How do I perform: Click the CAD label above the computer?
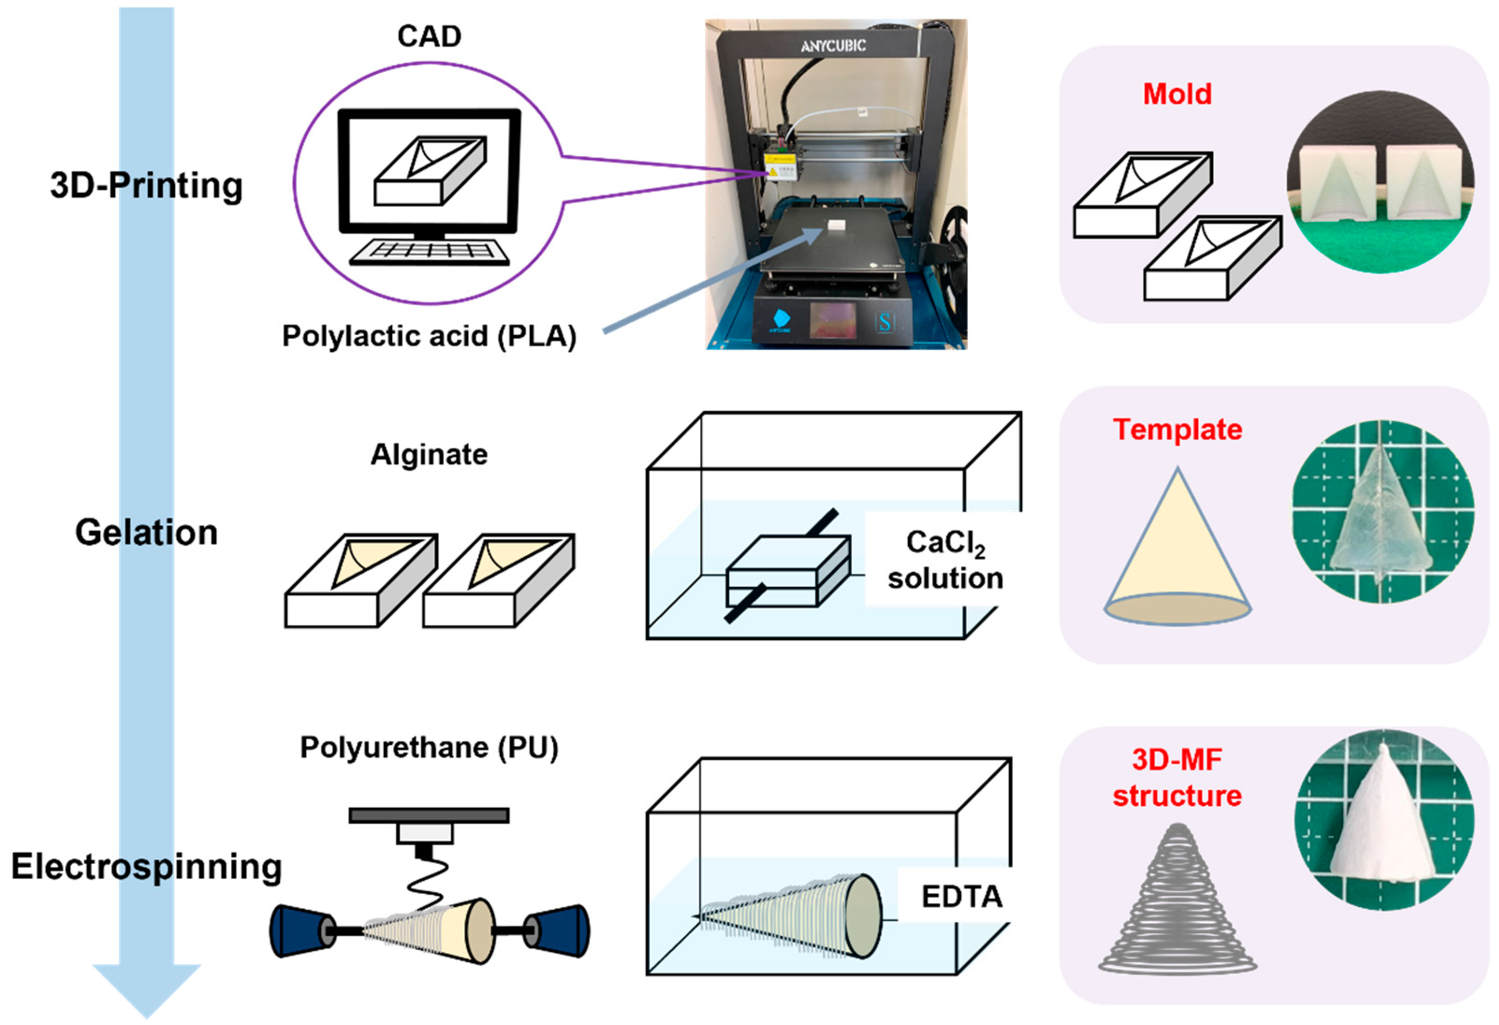pos(429,36)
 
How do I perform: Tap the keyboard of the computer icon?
pos(429,253)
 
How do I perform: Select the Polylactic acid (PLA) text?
pos(429,336)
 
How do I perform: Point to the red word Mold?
pos(1177,94)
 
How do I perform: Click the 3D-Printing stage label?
pos(146,186)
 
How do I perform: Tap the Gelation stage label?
pos(146,533)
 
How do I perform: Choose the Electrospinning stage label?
pos(146,866)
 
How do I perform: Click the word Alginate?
pos(429,455)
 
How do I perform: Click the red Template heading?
pos(1177,430)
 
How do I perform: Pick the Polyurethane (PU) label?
pos(429,747)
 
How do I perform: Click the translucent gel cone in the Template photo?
pos(1380,516)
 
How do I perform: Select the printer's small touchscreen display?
pos(833,320)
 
